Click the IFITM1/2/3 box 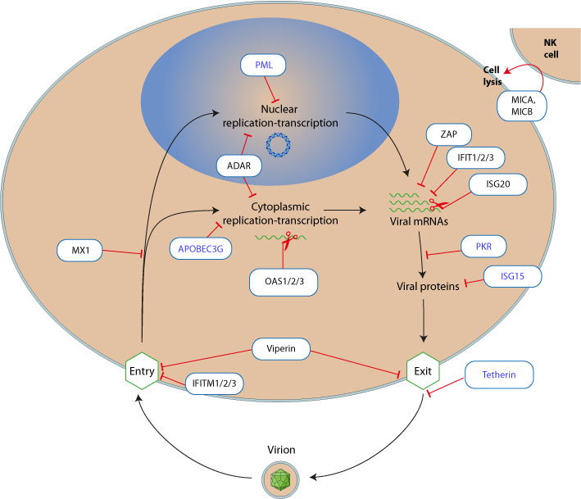(216, 383)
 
